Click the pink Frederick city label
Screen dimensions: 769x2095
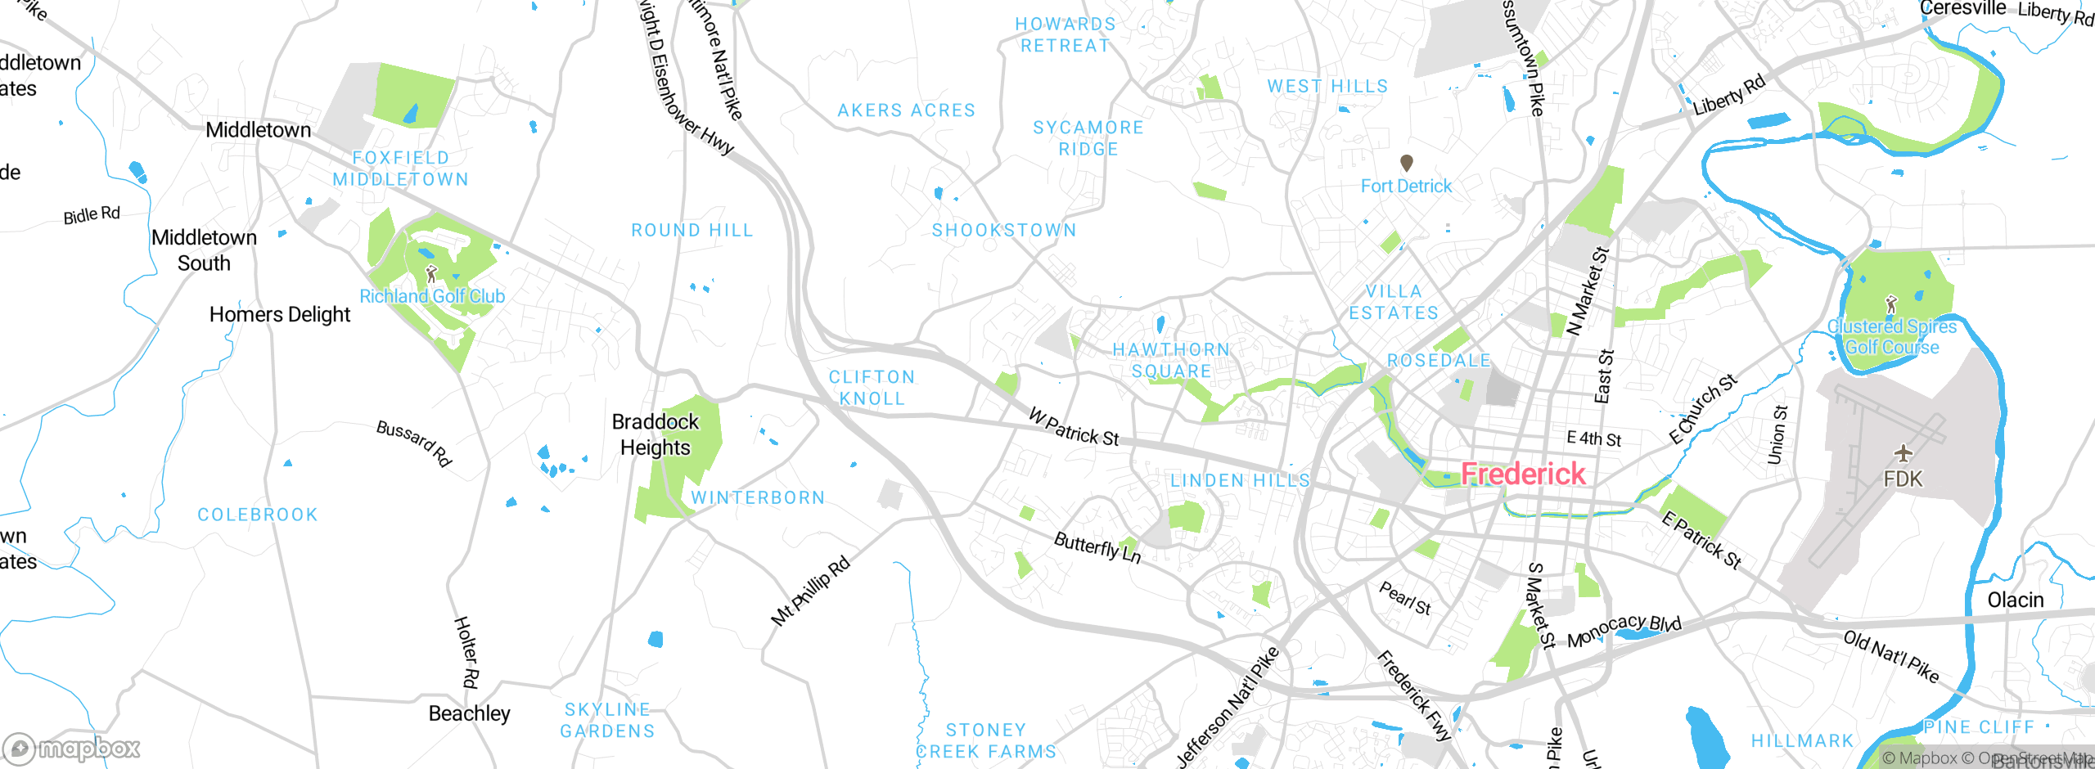[1523, 474]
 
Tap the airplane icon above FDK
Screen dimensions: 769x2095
[1904, 453]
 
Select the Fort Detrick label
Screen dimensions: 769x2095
[1406, 187]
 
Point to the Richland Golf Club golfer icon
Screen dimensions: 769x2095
[431, 273]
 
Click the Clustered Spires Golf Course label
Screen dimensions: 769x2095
[1892, 337]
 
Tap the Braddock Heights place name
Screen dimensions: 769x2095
[656, 434]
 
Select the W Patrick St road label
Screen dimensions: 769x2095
[1074, 428]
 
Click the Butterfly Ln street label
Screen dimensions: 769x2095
[1097, 547]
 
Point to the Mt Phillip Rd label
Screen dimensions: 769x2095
[811, 591]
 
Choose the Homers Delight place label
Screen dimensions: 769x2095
[280, 315]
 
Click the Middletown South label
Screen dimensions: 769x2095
[205, 250]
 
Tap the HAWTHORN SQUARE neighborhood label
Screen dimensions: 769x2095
[1171, 361]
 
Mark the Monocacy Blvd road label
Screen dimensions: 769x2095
[1624, 631]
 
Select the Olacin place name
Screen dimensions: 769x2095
[2016, 600]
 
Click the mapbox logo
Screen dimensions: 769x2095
[72, 749]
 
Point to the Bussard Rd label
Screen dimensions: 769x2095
[414, 443]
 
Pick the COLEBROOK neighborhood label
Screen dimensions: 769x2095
[258, 515]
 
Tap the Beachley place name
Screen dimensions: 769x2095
[469, 713]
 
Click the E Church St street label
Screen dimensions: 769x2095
[1703, 409]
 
